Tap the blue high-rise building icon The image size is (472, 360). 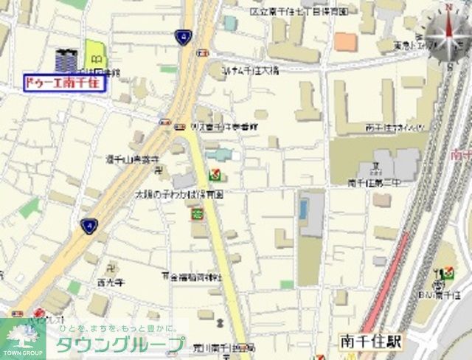point(66,59)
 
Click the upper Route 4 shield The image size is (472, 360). point(182,35)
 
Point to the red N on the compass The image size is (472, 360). point(447,8)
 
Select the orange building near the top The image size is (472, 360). point(344,41)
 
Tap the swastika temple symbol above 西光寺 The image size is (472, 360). point(111,266)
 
